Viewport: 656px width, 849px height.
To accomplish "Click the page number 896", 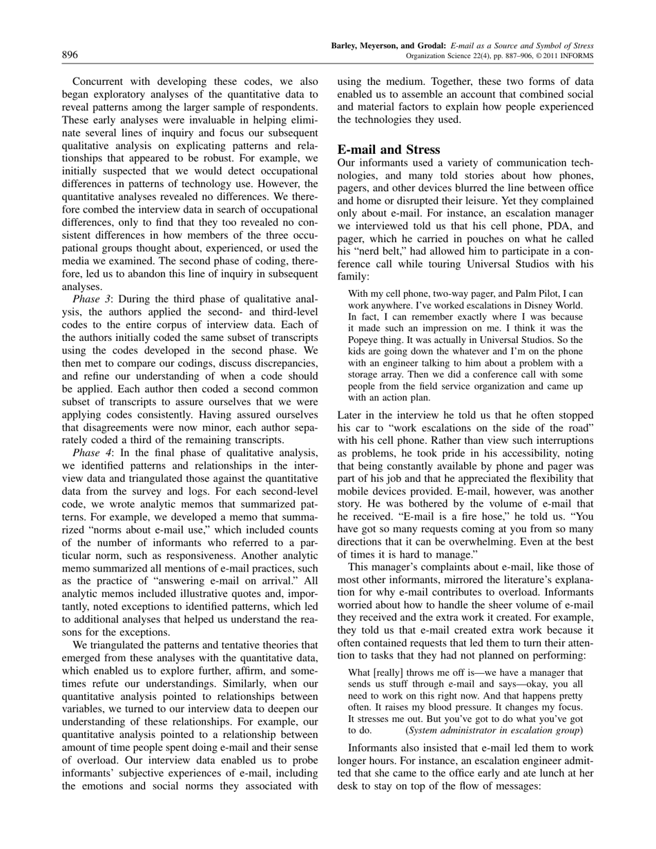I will click(x=70, y=55).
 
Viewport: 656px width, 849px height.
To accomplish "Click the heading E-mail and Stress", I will click(x=388, y=150).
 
